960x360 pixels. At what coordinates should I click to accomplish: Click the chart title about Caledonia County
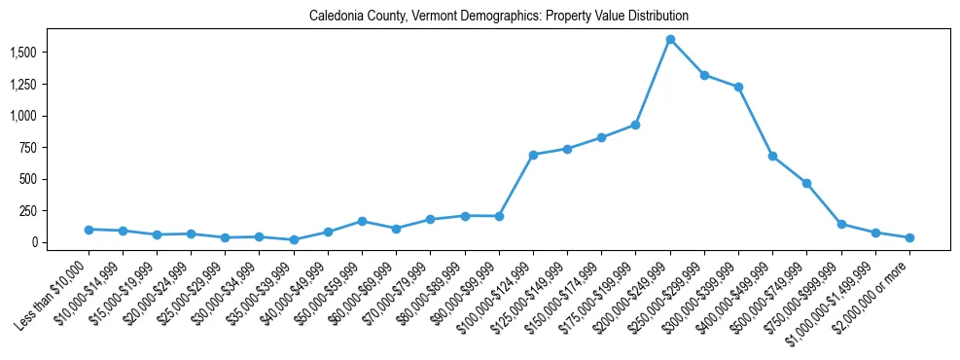point(499,16)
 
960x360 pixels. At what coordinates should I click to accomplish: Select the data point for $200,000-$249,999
point(670,40)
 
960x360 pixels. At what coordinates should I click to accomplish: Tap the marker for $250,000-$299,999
point(704,75)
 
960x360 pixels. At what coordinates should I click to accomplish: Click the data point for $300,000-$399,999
point(738,88)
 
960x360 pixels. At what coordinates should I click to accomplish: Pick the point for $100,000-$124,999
point(533,155)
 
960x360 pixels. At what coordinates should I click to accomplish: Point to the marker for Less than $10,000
point(89,230)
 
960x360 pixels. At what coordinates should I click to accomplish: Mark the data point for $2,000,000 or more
point(909,237)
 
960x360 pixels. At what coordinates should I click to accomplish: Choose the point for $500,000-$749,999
point(806,183)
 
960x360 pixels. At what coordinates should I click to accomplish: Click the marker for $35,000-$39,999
point(294,239)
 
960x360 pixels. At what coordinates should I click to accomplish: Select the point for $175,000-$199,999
point(635,125)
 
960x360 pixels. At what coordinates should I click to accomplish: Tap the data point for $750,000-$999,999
point(841,225)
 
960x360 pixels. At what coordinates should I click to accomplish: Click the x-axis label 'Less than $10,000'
point(54,285)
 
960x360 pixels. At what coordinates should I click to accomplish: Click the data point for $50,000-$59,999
point(362,221)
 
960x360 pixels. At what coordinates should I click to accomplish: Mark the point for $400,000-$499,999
point(772,156)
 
